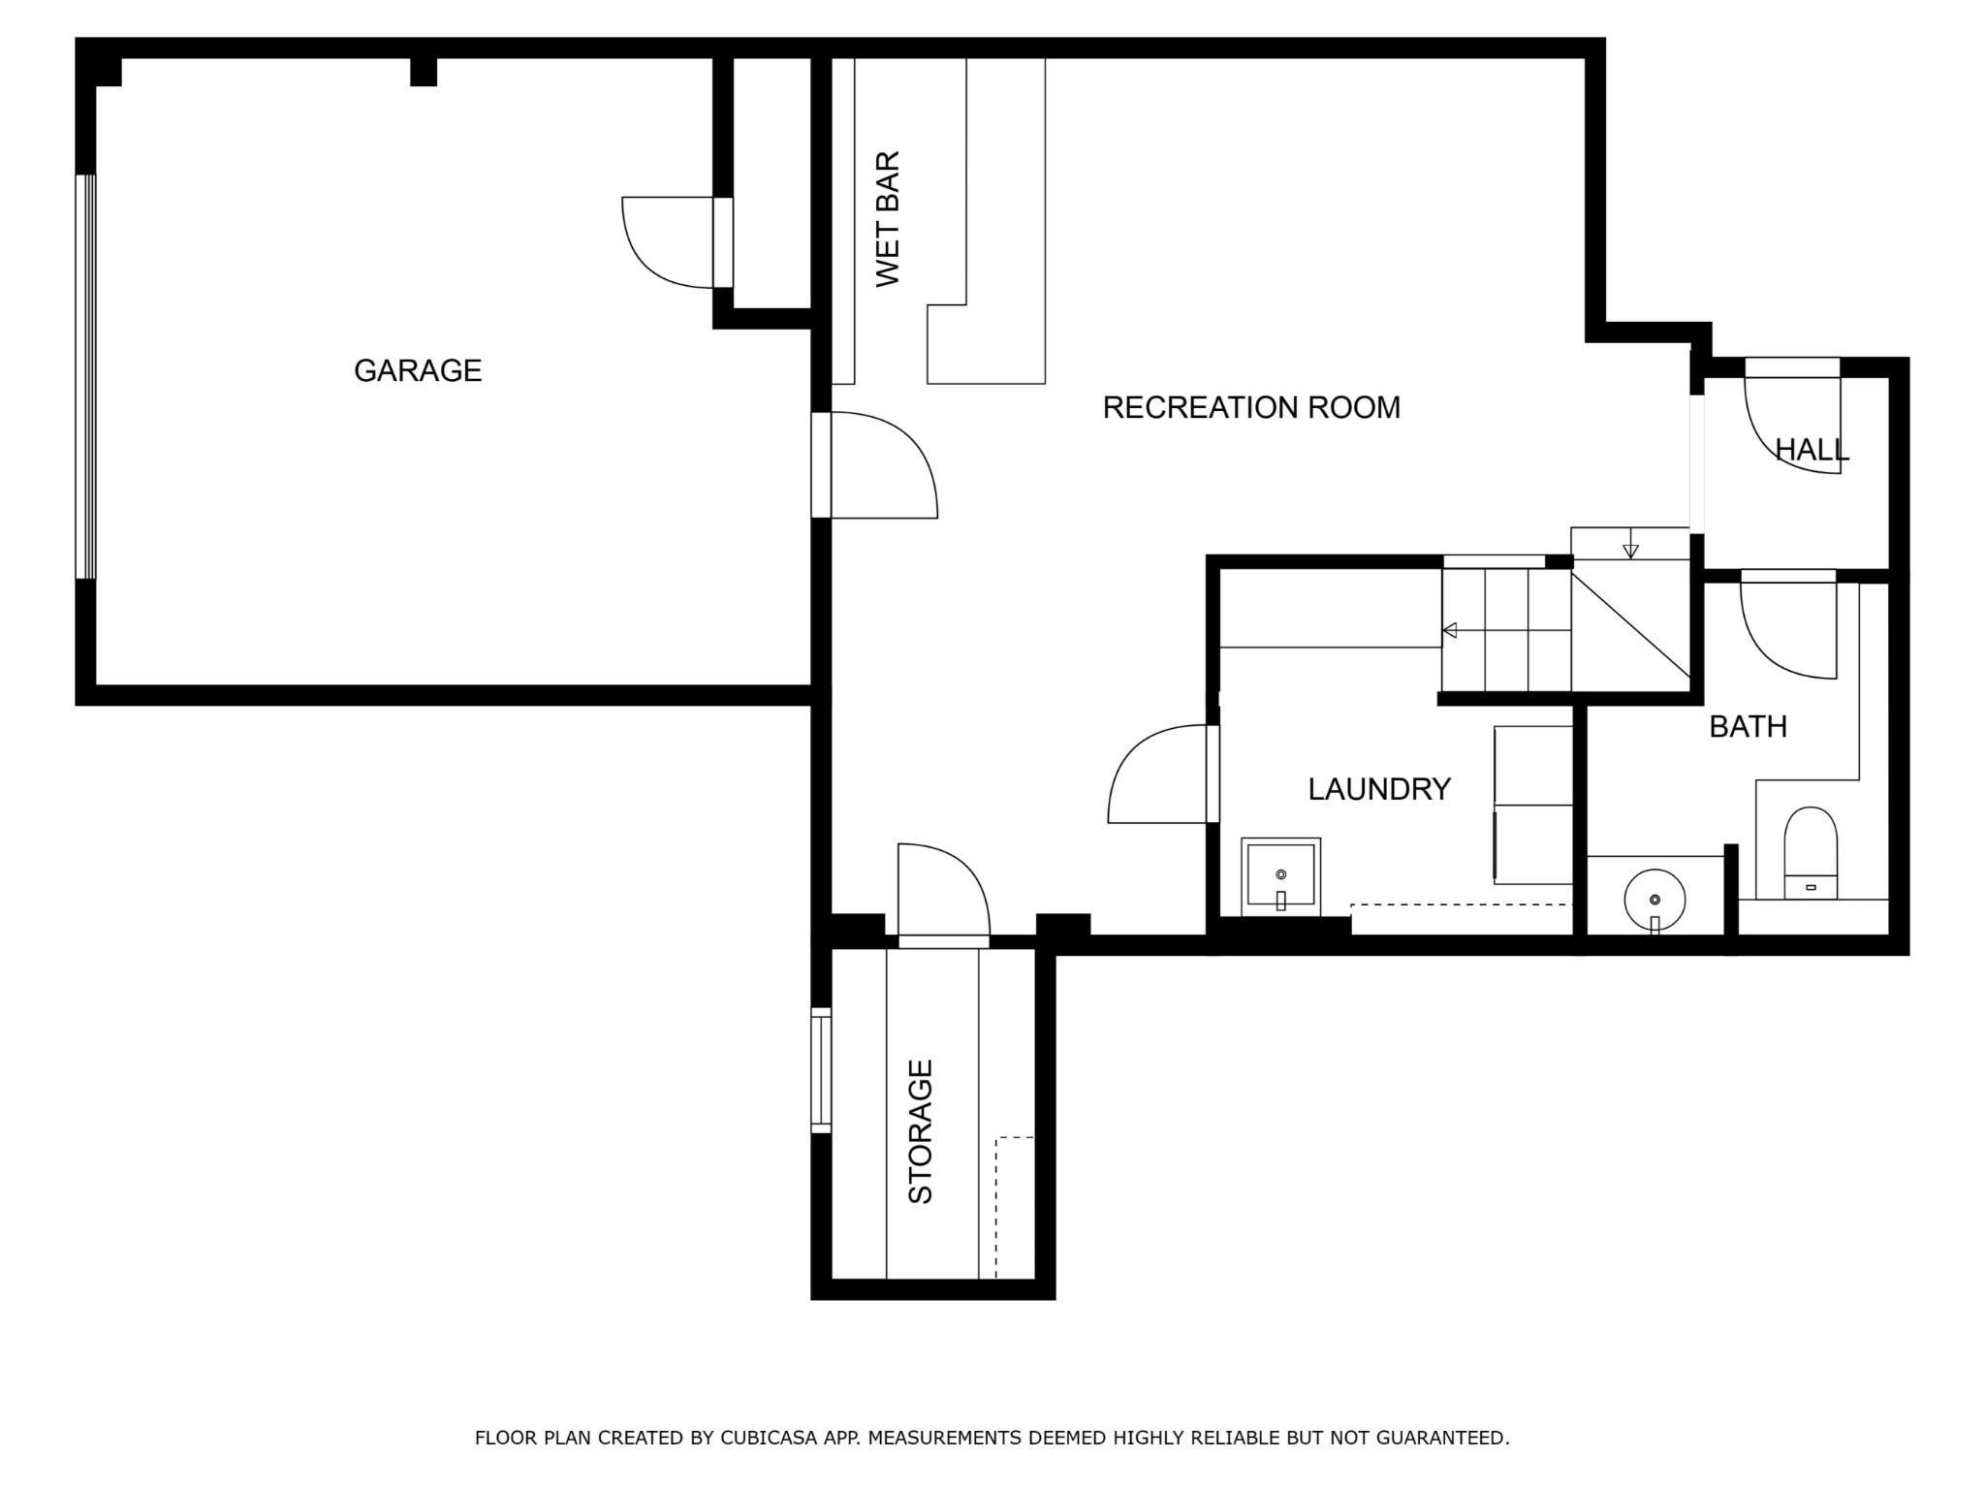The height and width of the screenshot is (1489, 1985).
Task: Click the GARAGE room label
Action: click(418, 370)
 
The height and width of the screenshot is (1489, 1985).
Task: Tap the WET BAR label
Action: click(888, 219)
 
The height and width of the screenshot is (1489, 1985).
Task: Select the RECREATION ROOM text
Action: click(1251, 407)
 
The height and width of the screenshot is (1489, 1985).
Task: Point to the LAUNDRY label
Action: click(1379, 789)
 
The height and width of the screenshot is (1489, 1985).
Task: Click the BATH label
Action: click(1748, 726)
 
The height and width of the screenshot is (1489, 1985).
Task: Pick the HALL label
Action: click(1812, 450)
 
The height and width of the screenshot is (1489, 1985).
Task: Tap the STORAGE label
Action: click(920, 1131)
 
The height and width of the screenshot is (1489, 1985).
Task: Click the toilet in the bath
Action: click(1811, 853)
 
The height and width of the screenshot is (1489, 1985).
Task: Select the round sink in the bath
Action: click(1654, 901)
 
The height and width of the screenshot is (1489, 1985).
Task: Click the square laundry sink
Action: click(1280, 876)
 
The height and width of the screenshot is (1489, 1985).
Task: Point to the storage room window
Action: click(821, 1070)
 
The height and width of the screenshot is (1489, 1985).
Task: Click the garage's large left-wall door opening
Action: click(86, 376)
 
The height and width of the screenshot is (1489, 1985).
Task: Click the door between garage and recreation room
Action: click(874, 465)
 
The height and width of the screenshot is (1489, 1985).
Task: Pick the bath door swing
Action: click(1788, 624)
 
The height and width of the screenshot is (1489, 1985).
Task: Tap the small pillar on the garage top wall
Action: click(424, 72)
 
